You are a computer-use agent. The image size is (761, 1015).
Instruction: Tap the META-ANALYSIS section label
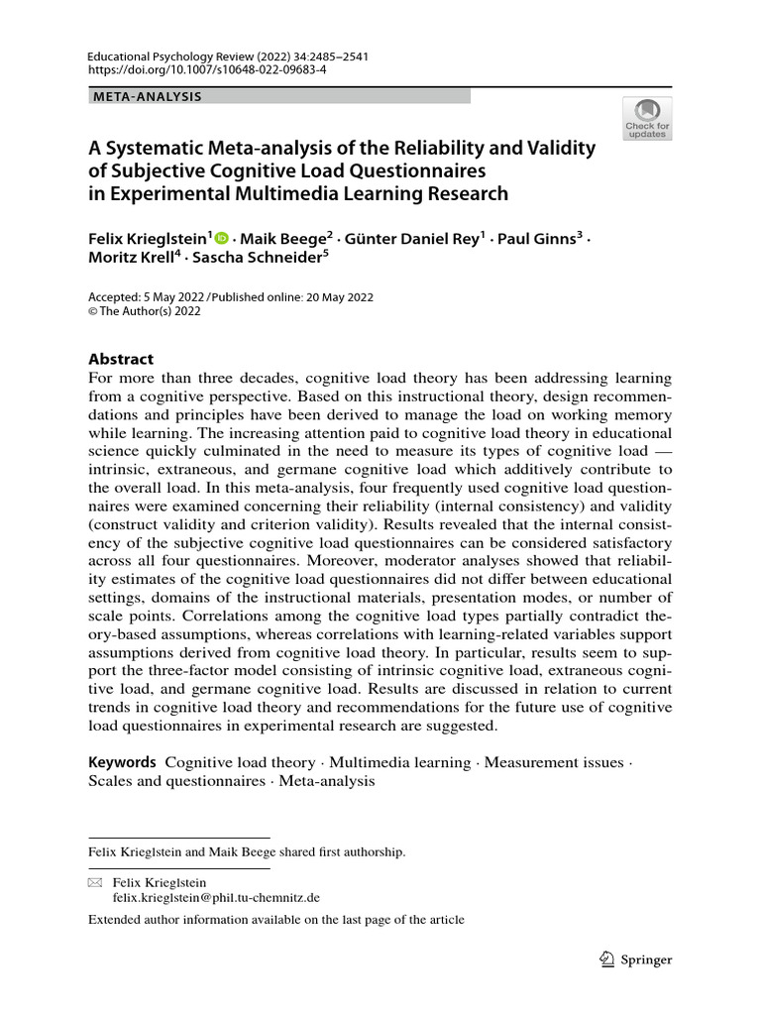[147, 96]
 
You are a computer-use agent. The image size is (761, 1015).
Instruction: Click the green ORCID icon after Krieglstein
[220, 238]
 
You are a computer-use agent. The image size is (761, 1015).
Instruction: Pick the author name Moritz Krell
[133, 260]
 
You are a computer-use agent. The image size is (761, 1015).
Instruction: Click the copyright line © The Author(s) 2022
[145, 310]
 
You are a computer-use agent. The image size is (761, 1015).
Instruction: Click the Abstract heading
[121, 359]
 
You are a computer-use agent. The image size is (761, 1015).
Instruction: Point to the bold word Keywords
[123, 762]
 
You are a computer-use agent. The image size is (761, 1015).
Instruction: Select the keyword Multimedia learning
[399, 762]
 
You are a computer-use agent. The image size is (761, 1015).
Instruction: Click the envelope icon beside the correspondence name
[95, 882]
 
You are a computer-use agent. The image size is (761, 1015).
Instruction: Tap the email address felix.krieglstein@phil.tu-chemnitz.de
[216, 897]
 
